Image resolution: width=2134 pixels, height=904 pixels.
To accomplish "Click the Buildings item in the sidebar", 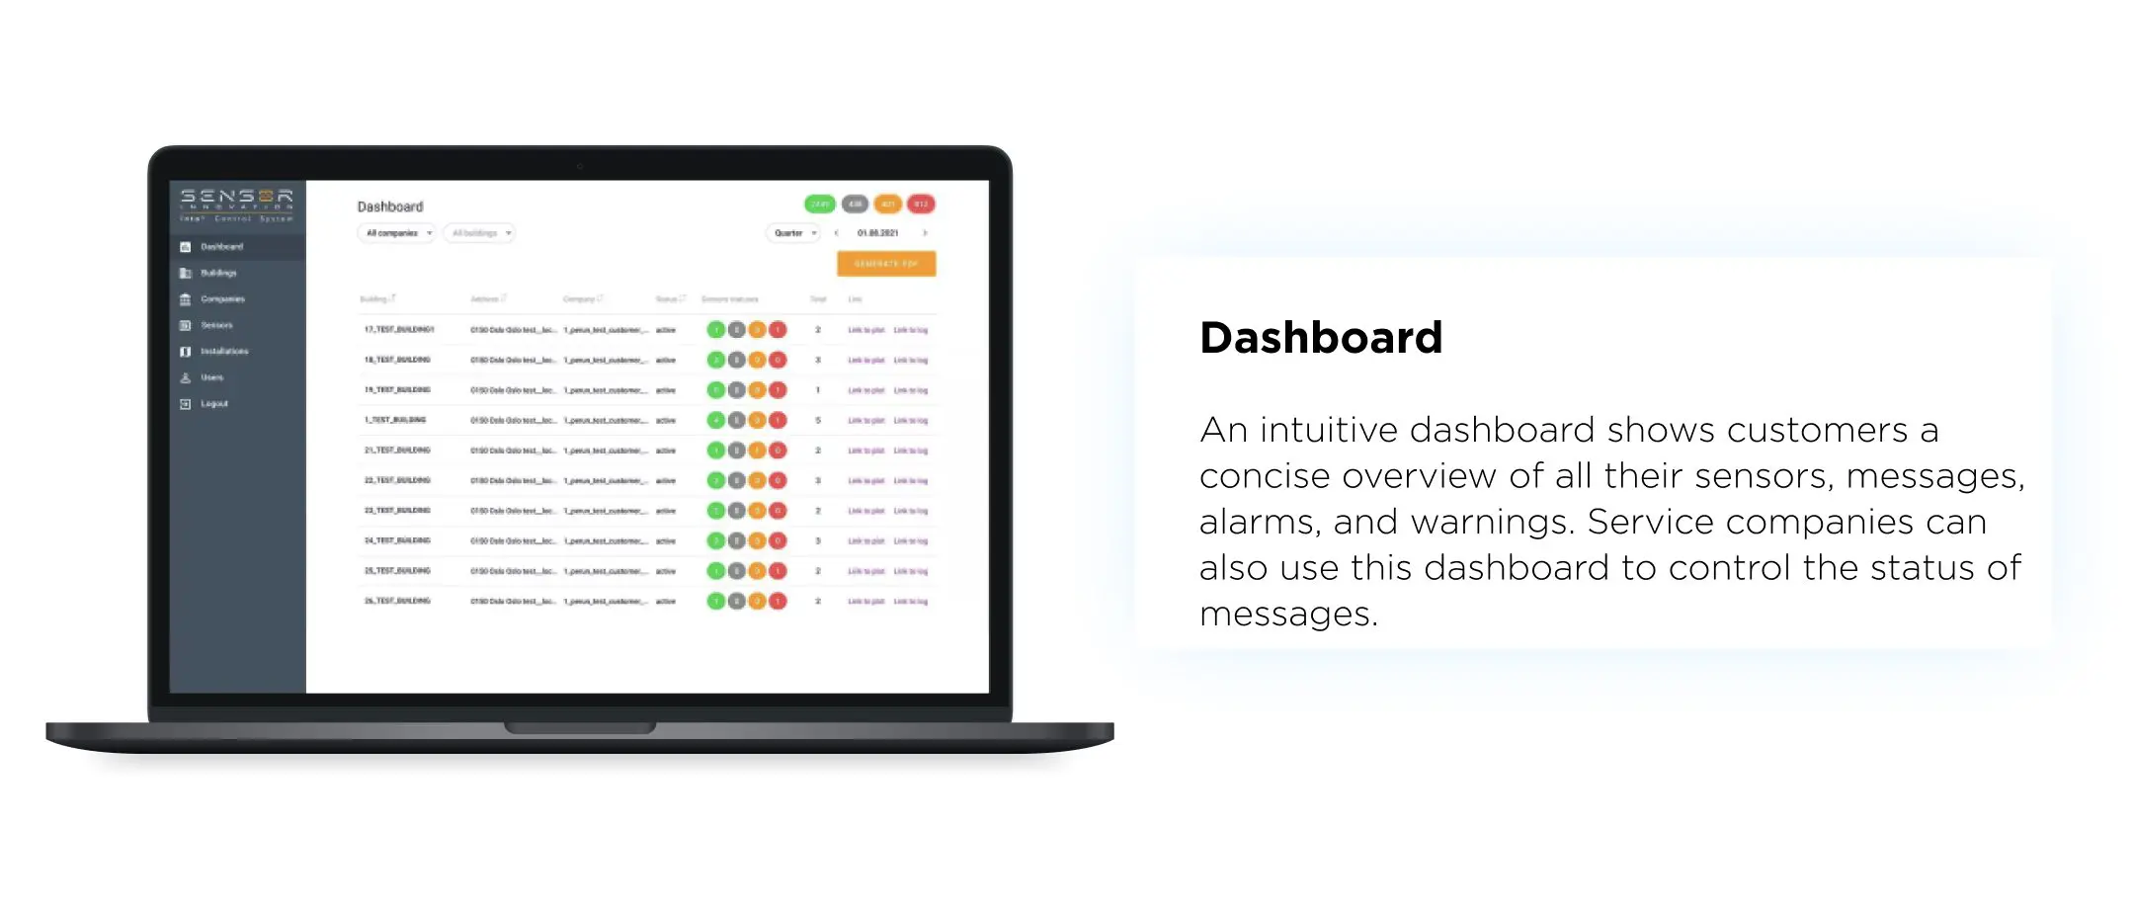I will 218,273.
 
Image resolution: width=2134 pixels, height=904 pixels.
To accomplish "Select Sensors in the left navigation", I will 216,325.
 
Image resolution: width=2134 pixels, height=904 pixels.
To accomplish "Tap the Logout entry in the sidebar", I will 213,404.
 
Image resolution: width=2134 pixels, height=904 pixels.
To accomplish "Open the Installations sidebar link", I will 224,352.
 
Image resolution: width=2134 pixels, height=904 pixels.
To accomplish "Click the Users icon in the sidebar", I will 185,377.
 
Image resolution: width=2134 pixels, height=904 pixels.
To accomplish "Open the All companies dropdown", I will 396,233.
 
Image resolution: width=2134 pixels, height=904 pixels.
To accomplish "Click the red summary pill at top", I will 921,205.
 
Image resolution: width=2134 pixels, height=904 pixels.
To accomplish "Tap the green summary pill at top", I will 820,205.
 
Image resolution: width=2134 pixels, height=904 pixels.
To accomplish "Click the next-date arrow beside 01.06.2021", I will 925,233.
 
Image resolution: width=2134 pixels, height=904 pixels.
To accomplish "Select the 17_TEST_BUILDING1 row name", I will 399,330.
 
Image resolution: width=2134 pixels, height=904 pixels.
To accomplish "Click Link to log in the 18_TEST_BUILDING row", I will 911,361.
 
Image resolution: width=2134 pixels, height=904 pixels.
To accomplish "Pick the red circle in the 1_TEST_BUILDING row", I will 779,420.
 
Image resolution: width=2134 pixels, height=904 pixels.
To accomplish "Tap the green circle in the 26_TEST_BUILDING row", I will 716,601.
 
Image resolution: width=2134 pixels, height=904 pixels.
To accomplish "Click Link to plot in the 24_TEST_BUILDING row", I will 865,541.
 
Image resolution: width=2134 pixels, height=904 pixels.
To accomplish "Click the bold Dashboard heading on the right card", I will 1321,338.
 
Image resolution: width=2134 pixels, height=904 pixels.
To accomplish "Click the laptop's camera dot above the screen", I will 580,166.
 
